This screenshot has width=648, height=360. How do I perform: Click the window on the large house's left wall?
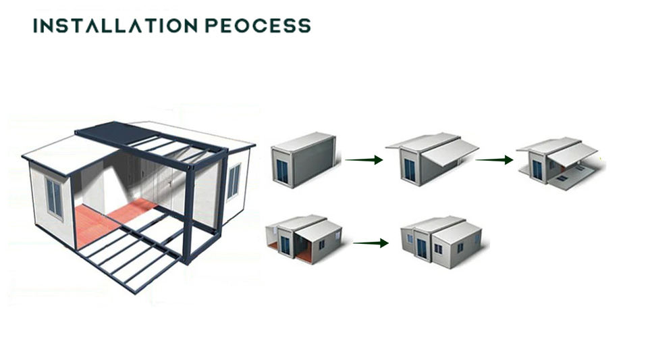click(x=55, y=198)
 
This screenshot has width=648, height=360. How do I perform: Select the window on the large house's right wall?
click(x=233, y=181)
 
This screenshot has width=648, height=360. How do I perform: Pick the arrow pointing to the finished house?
click(x=371, y=242)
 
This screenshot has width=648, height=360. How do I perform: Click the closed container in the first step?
click(x=303, y=159)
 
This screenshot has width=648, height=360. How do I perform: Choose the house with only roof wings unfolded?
click(x=432, y=159)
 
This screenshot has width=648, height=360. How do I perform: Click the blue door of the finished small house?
click(x=422, y=248)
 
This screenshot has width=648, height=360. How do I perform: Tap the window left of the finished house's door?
click(x=409, y=238)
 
